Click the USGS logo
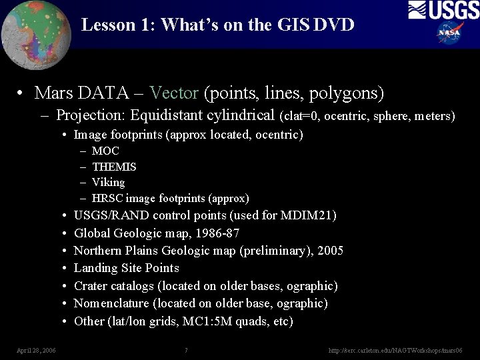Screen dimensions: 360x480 (x=443, y=10)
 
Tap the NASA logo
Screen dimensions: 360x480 (x=451, y=32)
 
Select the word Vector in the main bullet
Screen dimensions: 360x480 (x=174, y=93)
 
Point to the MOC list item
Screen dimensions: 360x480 (x=105, y=151)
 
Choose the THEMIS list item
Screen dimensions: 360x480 (x=114, y=167)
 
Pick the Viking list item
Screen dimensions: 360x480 (x=108, y=182)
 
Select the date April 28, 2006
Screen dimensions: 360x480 (x=36, y=350)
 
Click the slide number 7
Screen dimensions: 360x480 (x=186, y=350)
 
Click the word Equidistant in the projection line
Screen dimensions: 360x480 (x=167, y=115)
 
